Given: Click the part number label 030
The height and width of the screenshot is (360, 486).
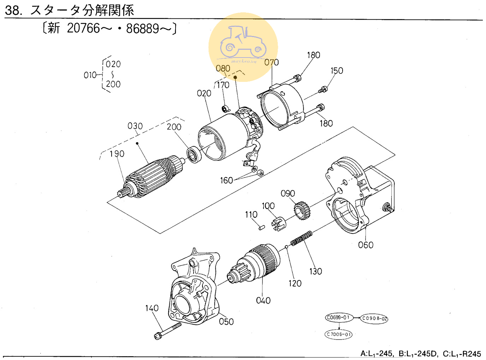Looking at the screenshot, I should click(135, 126).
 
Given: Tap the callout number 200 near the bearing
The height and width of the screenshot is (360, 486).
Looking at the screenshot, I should click(174, 127).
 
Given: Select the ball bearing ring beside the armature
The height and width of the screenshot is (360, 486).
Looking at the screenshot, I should click(194, 154).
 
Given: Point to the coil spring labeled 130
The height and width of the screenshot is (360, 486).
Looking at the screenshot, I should click(301, 238).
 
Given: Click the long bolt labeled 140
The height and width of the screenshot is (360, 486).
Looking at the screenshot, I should click(168, 331).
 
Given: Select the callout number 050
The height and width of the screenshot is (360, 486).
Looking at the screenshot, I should click(226, 322).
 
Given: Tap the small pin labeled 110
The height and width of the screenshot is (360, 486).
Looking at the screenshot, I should click(262, 227).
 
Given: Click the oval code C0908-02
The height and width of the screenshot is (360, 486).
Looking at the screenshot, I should click(374, 318).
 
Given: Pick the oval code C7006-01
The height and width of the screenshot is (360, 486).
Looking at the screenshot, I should click(338, 334).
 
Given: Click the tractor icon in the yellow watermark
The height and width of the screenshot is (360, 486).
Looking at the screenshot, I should click(243, 42).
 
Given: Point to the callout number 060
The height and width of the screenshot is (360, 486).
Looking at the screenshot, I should click(366, 245).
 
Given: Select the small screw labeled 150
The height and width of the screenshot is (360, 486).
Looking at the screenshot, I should click(323, 90).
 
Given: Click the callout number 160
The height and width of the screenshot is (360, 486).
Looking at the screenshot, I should click(226, 180).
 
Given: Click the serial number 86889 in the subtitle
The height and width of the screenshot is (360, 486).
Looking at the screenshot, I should click(142, 28).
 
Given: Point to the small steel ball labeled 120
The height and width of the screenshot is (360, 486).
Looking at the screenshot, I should click(286, 247).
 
